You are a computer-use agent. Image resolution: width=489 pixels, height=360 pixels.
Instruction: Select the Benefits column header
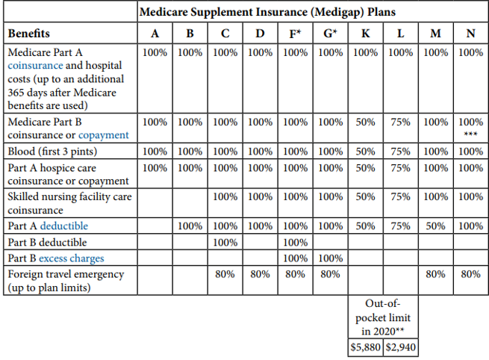tap(29, 34)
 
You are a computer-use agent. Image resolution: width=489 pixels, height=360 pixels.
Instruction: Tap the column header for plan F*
tap(295, 34)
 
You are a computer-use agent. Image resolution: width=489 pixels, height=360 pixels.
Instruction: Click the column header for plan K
tap(365, 34)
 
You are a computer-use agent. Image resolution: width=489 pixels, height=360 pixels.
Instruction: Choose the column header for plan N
tap(470, 34)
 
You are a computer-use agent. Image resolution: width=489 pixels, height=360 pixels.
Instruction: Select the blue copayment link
tap(104, 135)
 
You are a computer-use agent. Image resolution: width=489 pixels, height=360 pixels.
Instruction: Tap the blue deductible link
tap(64, 226)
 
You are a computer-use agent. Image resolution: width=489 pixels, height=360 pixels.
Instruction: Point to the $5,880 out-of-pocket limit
tap(365, 348)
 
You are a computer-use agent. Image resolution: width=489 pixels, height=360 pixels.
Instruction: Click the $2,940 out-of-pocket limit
tap(400, 348)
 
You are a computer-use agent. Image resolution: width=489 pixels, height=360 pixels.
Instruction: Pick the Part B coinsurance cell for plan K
tap(365, 122)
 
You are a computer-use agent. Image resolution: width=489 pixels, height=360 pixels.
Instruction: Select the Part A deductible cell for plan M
tap(435, 226)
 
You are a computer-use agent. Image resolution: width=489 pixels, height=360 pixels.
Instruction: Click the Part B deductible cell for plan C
tap(225, 242)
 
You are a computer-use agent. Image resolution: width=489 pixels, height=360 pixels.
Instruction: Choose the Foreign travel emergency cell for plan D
tap(260, 274)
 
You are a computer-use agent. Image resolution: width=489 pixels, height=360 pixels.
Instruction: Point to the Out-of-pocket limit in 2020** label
tap(382, 317)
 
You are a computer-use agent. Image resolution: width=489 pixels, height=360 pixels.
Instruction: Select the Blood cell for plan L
tap(400, 152)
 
